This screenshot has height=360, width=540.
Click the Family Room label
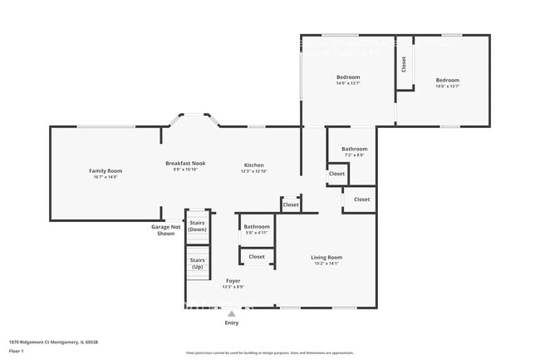tap(106, 170)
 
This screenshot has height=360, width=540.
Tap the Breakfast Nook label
tap(185, 164)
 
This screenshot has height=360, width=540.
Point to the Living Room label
tap(326, 257)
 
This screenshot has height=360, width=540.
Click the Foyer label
tap(233, 281)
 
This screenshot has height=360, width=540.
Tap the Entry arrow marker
tap(232, 314)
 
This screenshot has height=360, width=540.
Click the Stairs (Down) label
tap(198, 226)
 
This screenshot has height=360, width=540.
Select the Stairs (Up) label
tap(198, 264)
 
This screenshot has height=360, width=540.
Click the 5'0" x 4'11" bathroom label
tap(257, 233)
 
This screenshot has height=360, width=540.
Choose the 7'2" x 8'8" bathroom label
tap(354, 155)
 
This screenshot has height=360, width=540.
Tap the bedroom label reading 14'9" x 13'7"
tap(348, 83)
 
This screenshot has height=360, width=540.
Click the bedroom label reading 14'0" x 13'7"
tap(448, 86)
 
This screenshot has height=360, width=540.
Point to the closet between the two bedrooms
tap(404, 64)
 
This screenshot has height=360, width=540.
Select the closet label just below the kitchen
tap(291, 205)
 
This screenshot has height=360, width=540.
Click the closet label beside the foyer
tap(257, 257)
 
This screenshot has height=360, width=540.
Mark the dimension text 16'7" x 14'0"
tap(106, 176)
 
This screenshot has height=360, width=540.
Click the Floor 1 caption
tap(17, 351)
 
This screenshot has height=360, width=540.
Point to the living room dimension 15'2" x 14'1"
tap(326, 264)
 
